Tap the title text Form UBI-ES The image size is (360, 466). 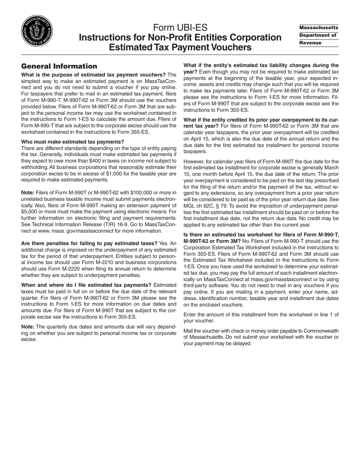pyautogui.click(x=180, y=28)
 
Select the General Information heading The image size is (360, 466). pyautogui.click(x=59, y=66)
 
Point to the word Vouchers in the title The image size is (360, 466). pyautogui.click(x=232, y=47)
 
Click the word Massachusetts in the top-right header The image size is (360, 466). pyautogui.click(x=318, y=28)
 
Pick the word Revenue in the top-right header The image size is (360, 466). pyautogui.click(x=310, y=43)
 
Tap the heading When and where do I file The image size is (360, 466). pyautogui.click(x=86, y=285)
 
